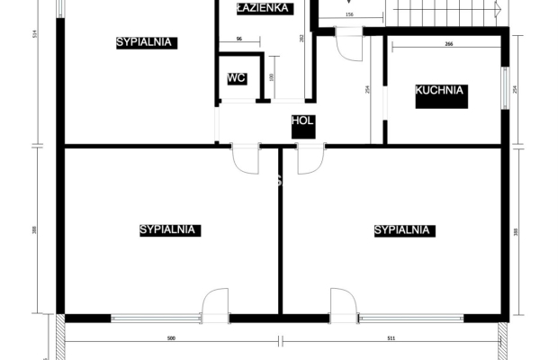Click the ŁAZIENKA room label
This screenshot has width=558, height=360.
(262, 8)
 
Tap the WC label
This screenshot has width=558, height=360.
(237, 78)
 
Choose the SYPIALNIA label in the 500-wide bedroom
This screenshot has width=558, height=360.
(169, 230)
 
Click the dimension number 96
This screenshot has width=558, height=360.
(239, 40)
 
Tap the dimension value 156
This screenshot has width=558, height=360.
(349, 15)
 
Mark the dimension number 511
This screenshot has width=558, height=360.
(390, 339)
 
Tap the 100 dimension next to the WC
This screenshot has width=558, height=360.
(271, 78)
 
